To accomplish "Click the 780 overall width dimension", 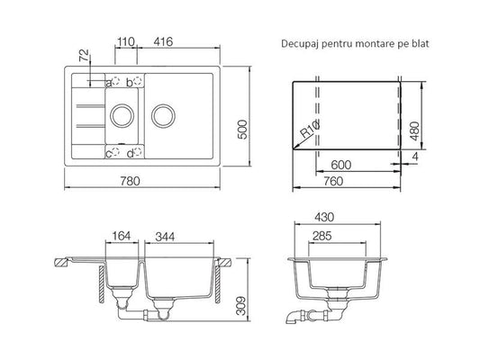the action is pos(130,181).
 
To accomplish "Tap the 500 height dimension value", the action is pos(243,130).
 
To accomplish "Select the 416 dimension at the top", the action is pos(163,41).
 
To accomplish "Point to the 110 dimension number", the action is pos(126,41).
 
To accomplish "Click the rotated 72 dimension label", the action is pos(84,56).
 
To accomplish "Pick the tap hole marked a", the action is pos(115,81).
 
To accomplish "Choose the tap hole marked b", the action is pos(138,81).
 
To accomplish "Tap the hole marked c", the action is pos(115,151).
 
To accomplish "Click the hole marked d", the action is pos(138,151).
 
